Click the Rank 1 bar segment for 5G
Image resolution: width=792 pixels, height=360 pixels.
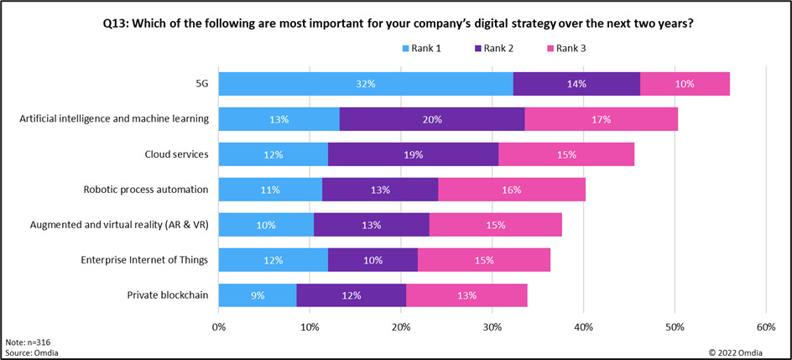tap(366, 84)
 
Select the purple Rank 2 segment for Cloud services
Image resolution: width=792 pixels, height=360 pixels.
tap(413, 154)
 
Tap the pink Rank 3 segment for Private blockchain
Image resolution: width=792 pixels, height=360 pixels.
tap(466, 295)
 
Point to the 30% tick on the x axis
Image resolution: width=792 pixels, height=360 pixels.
tap(492, 326)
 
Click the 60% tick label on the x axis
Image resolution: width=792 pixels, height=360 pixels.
tap(766, 326)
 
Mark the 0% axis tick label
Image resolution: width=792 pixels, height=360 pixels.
tap(219, 326)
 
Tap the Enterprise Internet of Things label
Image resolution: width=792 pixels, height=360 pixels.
tap(143, 259)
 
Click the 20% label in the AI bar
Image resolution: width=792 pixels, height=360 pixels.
tap(431, 119)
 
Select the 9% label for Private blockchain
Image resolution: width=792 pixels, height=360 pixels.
tap(257, 295)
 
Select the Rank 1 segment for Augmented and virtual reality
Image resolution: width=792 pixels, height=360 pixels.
tap(266, 225)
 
